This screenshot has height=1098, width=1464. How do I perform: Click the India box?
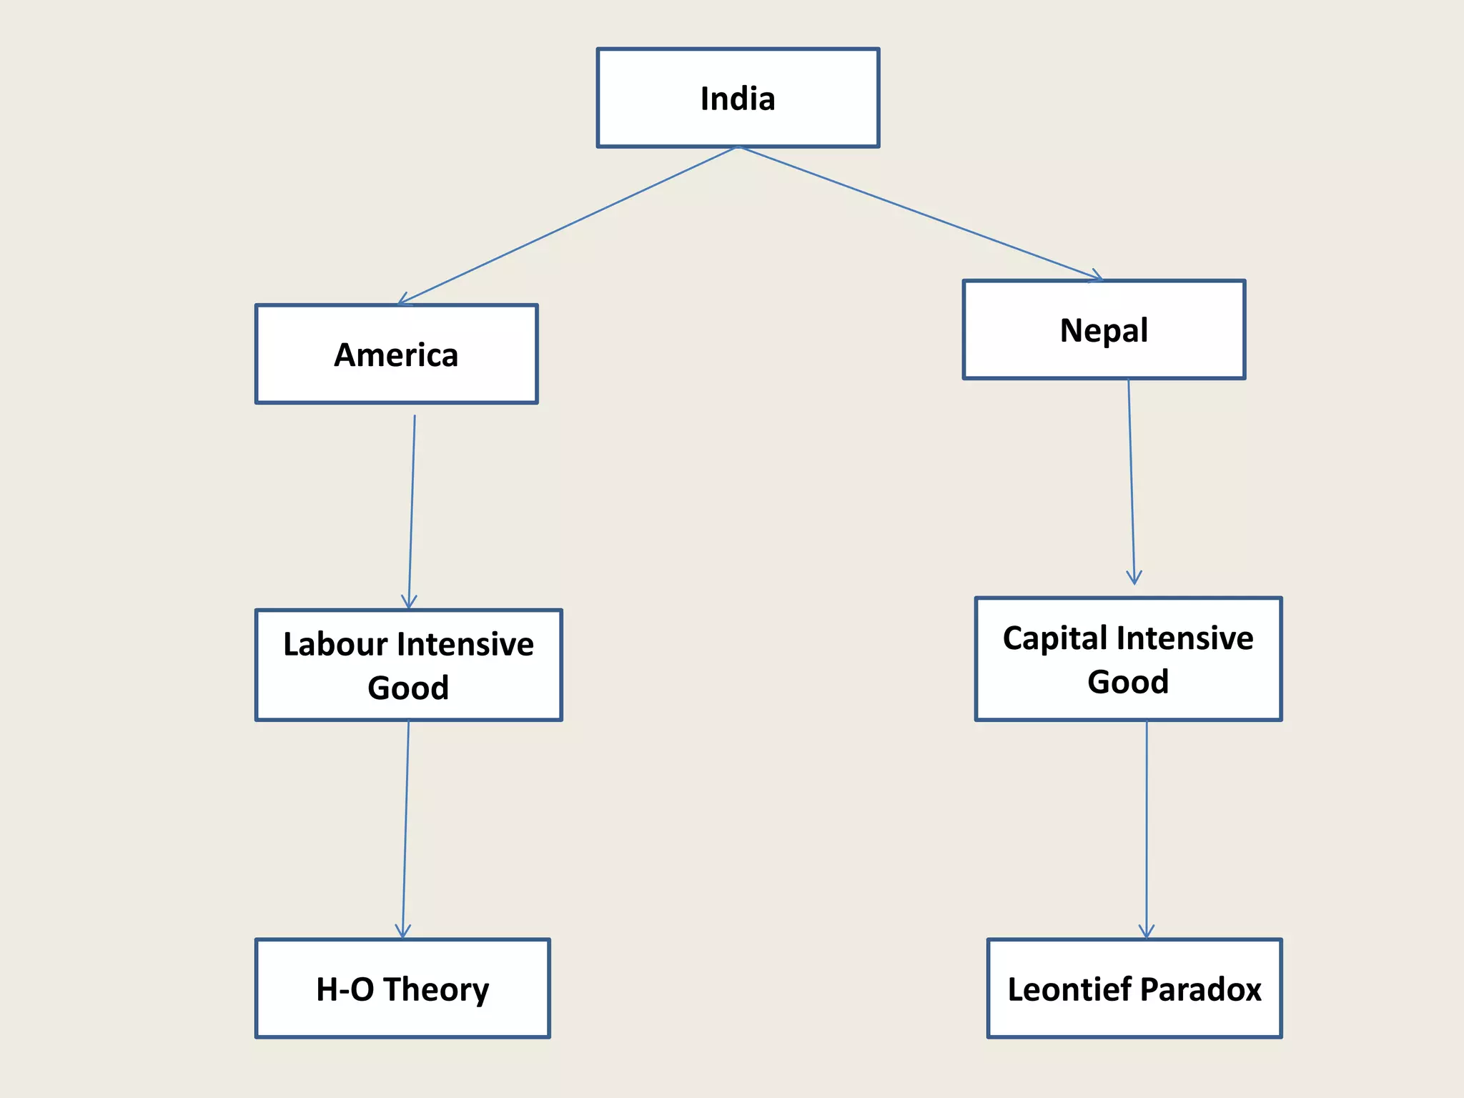pyautogui.click(x=738, y=98)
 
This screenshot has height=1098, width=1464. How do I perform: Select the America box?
pyautogui.click(x=396, y=355)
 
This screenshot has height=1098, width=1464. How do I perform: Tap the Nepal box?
pyautogui.click(x=1104, y=330)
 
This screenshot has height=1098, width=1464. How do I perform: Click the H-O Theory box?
pyautogui.click(x=402, y=989)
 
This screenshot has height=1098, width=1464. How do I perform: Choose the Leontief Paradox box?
pyautogui.click(x=1134, y=989)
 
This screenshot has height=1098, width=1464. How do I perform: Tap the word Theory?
pyautogui.click(x=436, y=990)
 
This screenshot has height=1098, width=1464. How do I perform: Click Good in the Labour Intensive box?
pyautogui.click(x=408, y=688)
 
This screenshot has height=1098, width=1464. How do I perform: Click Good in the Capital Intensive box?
pyautogui.click(x=1128, y=681)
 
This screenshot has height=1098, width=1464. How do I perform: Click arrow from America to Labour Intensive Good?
pyautogui.click(x=412, y=511)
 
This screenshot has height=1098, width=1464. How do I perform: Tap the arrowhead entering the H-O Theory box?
pyautogui.click(x=403, y=931)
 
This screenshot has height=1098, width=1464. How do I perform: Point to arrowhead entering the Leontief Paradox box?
pyautogui.click(x=1147, y=932)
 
